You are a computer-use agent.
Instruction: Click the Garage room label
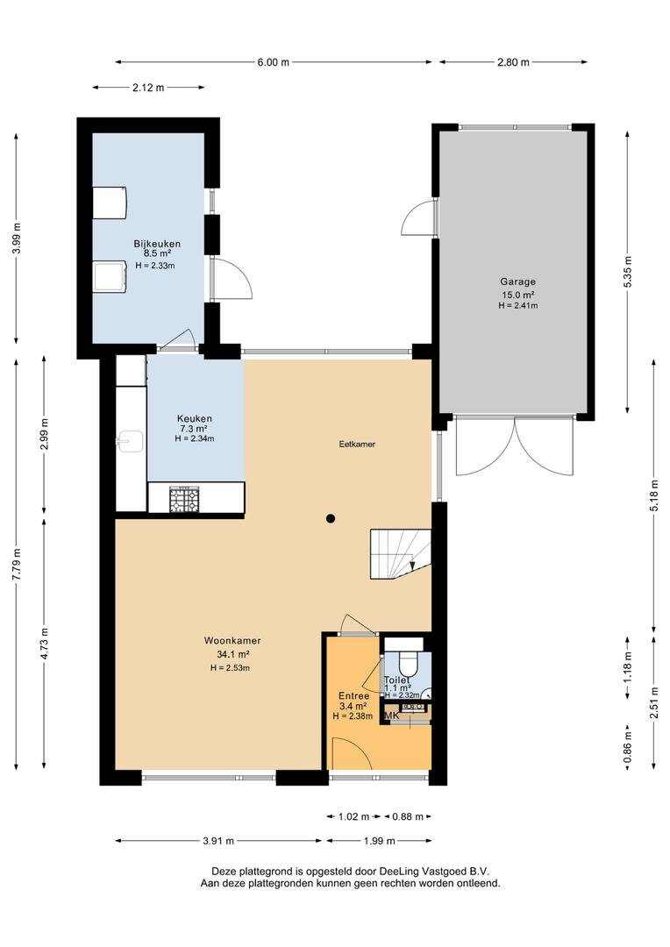pos(517,281)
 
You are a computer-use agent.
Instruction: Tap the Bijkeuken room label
pos(157,244)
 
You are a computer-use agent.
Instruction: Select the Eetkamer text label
pos(357,444)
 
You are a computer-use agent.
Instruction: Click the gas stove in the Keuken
pos(184,500)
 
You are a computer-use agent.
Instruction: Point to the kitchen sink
pos(129,441)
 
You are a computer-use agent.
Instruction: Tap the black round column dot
pos(331,518)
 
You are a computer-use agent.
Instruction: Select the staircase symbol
pos(401,553)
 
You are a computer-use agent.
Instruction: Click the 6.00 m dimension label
pos(273,61)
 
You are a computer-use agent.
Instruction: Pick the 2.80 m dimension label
pos(513,61)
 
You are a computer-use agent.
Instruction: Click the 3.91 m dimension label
pos(218,841)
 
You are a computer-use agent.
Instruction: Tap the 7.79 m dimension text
pos(17,565)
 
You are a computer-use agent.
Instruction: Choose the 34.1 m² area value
pos(233,654)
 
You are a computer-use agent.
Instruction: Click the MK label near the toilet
pos(392,716)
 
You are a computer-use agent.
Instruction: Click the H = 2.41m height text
pos(517,306)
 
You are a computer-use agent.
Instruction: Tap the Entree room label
pos(354,695)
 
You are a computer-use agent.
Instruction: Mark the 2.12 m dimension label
pos(148,88)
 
